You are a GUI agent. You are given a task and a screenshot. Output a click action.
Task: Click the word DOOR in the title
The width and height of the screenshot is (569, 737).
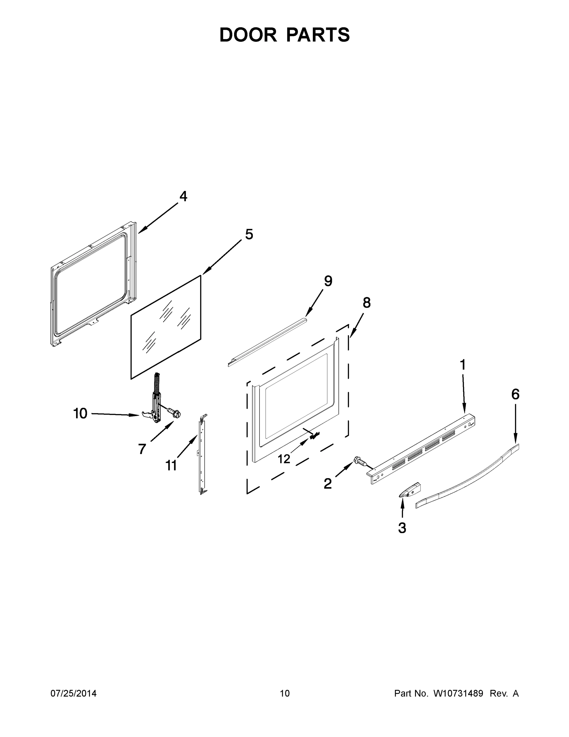point(248,35)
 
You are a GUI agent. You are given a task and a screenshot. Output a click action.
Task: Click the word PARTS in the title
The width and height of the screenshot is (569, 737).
point(318,35)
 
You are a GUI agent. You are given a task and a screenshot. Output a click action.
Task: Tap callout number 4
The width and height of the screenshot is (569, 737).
point(183,196)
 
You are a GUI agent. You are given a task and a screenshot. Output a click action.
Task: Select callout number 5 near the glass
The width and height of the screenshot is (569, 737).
point(249,234)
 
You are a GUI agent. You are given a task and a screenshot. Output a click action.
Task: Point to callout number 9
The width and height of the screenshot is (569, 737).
point(328,281)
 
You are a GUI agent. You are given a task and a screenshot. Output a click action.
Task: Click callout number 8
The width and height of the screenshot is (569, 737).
point(367,303)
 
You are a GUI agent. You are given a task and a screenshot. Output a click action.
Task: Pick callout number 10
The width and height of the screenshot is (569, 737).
point(80,413)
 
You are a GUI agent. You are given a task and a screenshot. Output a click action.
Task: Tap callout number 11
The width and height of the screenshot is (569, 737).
point(171,466)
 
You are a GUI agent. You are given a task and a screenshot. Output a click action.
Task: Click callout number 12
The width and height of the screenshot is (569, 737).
point(284,459)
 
